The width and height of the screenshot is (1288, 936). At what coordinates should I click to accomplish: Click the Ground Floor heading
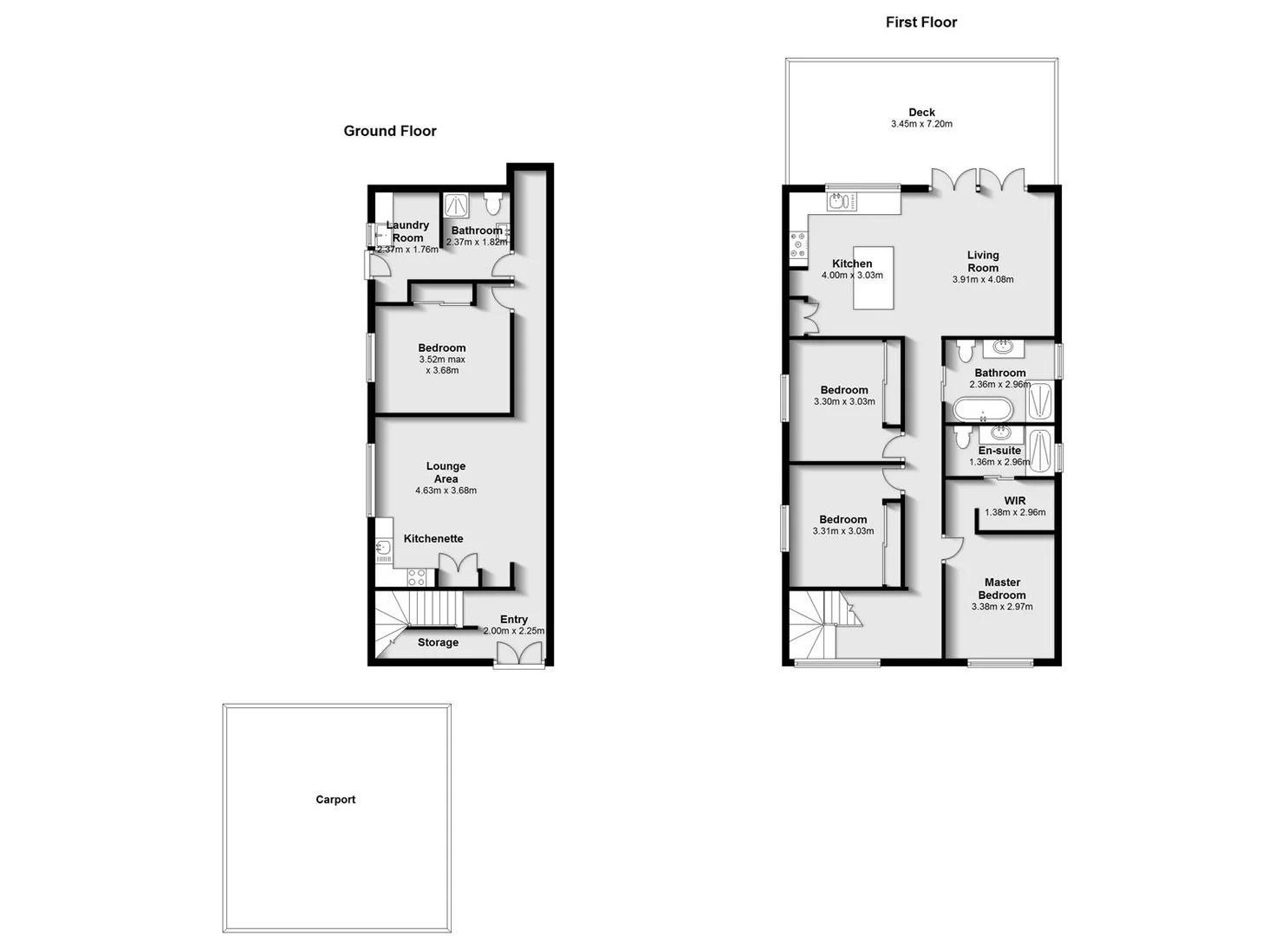pos(390,131)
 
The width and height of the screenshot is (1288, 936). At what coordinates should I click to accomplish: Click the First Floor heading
pos(920,23)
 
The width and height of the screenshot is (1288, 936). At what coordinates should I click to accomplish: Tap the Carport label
pos(335,800)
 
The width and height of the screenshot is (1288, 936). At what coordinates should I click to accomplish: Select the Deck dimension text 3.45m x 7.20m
pos(921,124)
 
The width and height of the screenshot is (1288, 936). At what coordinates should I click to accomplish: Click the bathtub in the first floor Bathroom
pos(982,408)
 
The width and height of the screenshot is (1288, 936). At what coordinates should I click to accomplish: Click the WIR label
pos(1015,501)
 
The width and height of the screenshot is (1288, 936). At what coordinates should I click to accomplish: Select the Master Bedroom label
pos(1002,588)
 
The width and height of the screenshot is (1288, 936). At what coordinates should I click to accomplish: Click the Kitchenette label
pos(433,539)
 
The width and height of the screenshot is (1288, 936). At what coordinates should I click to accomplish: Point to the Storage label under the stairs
pos(438,643)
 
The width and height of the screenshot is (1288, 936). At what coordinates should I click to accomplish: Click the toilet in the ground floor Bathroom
pos(493,205)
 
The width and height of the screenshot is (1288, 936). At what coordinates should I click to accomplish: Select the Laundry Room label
pos(407,231)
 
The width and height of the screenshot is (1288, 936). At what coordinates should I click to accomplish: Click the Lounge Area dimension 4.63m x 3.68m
pos(446,491)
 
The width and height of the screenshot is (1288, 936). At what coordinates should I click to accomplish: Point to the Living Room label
pos(983,261)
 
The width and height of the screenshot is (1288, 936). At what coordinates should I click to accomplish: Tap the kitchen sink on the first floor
pos(837,202)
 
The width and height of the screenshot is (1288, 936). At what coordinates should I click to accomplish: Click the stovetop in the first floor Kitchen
pos(798,244)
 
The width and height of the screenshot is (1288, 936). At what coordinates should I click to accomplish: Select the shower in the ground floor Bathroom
pos(456,205)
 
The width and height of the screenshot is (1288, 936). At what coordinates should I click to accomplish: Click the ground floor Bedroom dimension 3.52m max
pos(442,360)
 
